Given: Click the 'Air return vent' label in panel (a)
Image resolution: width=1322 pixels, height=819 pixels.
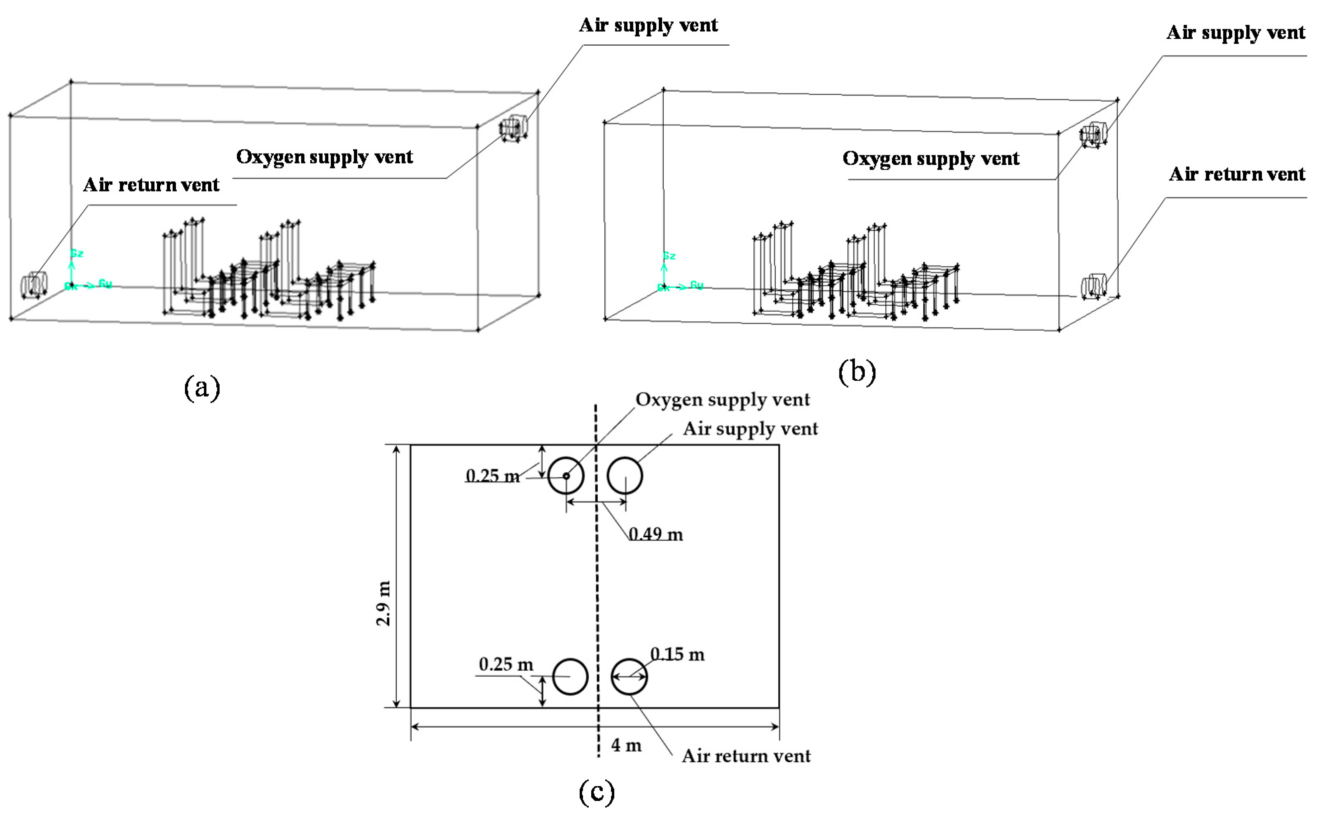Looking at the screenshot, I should pyautogui.click(x=151, y=185).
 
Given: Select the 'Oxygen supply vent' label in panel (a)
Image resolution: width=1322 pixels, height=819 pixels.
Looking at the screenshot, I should pyautogui.click(x=325, y=156).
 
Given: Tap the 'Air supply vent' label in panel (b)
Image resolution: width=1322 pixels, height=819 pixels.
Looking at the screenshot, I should pyautogui.click(x=1235, y=33).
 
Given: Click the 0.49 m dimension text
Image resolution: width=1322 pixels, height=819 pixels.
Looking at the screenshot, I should pyautogui.click(x=655, y=534).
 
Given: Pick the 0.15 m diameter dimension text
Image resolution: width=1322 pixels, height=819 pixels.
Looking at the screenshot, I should pyautogui.click(x=677, y=654).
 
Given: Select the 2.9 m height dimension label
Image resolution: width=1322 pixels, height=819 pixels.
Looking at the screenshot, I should pyautogui.click(x=384, y=603).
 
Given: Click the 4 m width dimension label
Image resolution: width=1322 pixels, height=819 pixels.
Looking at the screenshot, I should pyautogui.click(x=626, y=745).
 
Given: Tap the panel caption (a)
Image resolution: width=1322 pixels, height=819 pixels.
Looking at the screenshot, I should pyautogui.click(x=202, y=388).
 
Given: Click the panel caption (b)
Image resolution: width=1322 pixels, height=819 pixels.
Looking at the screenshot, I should pyautogui.click(x=856, y=373).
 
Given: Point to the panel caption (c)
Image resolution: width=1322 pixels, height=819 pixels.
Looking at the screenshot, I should pyautogui.click(x=597, y=791).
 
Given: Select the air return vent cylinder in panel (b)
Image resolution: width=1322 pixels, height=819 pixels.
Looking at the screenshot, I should pyautogui.click(x=1093, y=286).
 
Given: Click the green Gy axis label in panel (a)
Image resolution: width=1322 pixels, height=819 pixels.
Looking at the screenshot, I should pyautogui.click(x=105, y=284).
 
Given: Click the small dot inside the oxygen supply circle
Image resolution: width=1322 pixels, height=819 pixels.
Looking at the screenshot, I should pyautogui.click(x=566, y=476).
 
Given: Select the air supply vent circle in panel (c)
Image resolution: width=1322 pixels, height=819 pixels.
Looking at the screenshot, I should pyautogui.click(x=625, y=476).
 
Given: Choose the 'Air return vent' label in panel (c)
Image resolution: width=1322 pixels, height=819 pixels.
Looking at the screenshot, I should pyautogui.click(x=746, y=756).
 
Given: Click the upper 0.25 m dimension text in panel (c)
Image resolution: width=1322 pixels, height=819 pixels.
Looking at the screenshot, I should pyautogui.click(x=492, y=476).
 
